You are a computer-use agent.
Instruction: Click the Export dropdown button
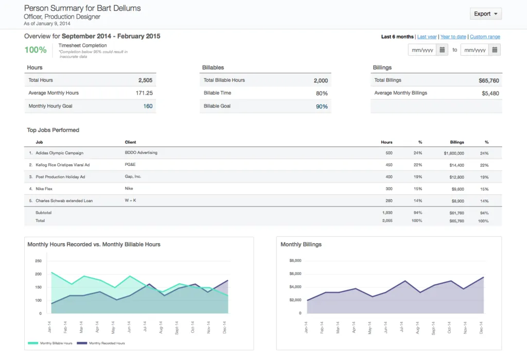pyautogui.click(x=485, y=14)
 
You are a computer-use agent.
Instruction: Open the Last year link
pyautogui.click(x=427, y=37)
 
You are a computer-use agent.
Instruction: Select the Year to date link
pyautogui.click(x=453, y=37)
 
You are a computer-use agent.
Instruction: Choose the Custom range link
pyautogui.click(x=485, y=37)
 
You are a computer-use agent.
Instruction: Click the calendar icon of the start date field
pyautogui.click(x=442, y=50)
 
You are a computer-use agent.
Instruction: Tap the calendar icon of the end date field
pyautogui.click(x=494, y=50)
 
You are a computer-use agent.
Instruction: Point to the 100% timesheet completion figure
pyautogui.click(x=36, y=50)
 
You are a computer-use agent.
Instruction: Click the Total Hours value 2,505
pyautogui.click(x=145, y=80)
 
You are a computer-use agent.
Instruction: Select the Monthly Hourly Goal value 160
pyautogui.click(x=148, y=106)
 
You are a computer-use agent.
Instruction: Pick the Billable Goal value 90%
pyautogui.click(x=322, y=107)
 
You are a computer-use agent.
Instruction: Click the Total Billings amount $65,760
pyautogui.click(x=488, y=80)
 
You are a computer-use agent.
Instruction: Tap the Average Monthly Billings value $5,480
pyautogui.click(x=490, y=93)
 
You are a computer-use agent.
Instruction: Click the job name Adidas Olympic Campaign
pyautogui.click(x=59, y=153)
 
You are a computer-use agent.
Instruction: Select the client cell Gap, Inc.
pyautogui.click(x=133, y=177)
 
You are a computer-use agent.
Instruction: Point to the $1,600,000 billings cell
pyautogui.click(x=453, y=153)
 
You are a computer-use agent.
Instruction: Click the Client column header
pyautogui.click(x=130, y=142)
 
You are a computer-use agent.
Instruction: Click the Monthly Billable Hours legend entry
pyautogui.click(x=50, y=343)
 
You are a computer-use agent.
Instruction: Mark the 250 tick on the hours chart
pyautogui.click(x=38, y=261)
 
